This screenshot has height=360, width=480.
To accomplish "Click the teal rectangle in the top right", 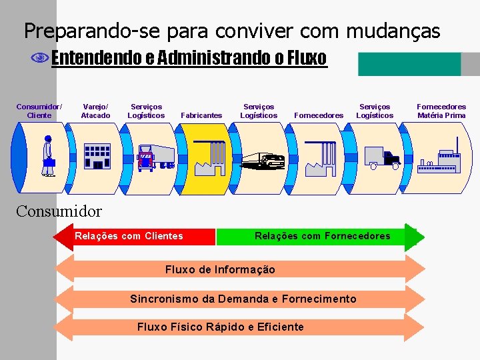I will tap(409, 64).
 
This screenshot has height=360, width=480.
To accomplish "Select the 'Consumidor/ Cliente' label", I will tap(39, 111).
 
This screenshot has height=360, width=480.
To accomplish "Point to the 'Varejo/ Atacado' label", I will tap(95, 111).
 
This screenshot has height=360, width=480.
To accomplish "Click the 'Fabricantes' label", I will tap(201, 115).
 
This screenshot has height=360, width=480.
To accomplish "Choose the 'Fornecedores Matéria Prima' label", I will tap(441, 111).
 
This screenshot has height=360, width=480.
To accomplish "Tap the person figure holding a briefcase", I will tap(48, 156).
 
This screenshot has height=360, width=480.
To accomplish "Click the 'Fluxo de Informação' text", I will tap(219, 269).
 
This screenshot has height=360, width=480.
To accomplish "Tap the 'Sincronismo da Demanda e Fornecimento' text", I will tap(243, 299).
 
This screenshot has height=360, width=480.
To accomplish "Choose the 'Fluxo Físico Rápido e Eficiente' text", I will tap(220, 327).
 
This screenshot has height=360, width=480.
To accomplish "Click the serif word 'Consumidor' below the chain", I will tap(59, 212).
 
